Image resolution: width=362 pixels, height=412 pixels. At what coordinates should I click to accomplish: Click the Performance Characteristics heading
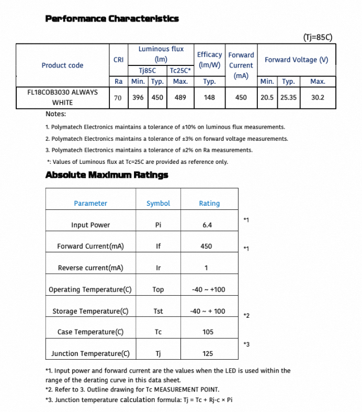click(x=112, y=19)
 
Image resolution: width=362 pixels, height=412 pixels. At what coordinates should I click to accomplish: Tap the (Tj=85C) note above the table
click(x=318, y=37)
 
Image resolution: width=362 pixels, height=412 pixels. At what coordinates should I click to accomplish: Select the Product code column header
click(x=62, y=65)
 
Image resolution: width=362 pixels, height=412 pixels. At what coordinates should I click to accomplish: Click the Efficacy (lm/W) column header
click(x=209, y=60)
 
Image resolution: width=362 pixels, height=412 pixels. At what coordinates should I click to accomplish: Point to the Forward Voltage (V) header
click(x=296, y=60)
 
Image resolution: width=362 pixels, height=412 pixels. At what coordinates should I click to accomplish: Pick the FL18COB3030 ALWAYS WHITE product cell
click(x=62, y=97)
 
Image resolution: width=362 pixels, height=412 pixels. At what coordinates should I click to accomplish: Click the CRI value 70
click(x=118, y=97)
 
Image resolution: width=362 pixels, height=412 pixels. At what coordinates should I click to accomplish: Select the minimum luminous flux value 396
click(x=138, y=97)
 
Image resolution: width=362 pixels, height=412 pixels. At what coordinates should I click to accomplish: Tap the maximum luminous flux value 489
click(x=180, y=97)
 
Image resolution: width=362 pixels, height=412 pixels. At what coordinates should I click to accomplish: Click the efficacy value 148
click(x=209, y=97)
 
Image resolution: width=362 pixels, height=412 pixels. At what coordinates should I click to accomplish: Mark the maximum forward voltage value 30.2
click(x=318, y=97)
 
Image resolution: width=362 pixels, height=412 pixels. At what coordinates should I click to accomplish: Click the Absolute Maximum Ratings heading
click(x=107, y=175)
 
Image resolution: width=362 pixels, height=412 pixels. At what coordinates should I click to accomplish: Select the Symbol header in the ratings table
click(x=158, y=203)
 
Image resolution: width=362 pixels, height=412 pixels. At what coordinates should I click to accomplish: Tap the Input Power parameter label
click(x=90, y=225)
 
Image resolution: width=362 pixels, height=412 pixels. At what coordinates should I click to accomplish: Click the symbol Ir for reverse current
click(x=158, y=268)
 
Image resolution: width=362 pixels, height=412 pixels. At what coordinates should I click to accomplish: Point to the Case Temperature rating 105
click(x=208, y=332)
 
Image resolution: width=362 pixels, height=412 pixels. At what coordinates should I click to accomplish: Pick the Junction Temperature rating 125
click(x=208, y=353)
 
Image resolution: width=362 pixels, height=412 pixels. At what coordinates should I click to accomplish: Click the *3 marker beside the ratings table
click(x=246, y=344)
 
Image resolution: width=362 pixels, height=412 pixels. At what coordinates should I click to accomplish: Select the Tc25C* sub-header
click(x=180, y=70)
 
